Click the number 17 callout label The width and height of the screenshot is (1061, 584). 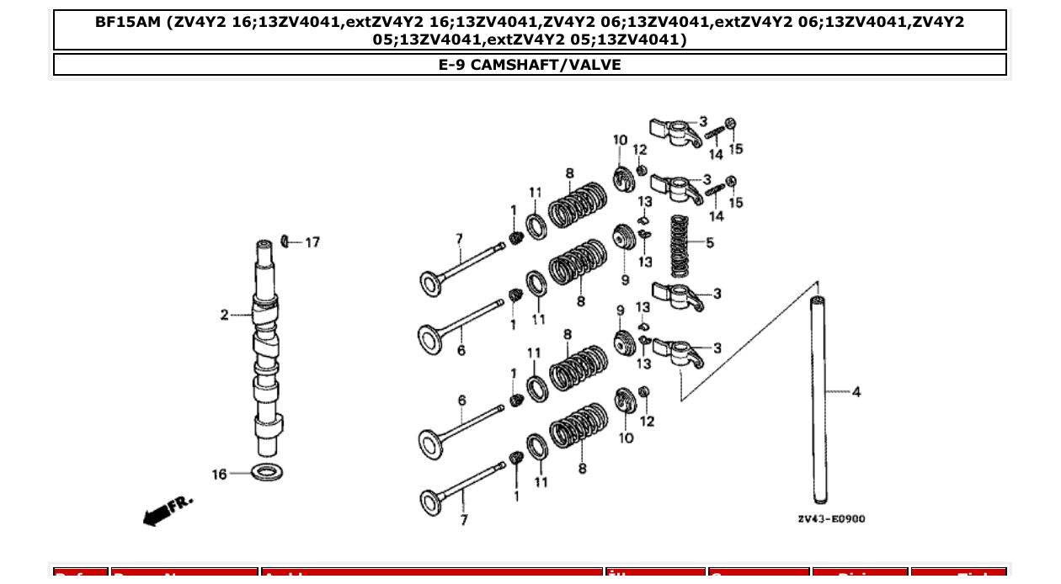pyautogui.click(x=312, y=242)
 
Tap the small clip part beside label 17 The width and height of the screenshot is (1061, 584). pyautogui.click(x=285, y=242)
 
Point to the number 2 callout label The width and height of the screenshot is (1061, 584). pyautogui.click(x=224, y=315)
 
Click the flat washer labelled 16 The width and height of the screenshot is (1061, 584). pyautogui.click(x=267, y=471)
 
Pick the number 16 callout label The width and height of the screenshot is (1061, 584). pyautogui.click(x=219, y=475)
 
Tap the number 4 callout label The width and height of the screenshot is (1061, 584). pyautogui.click(x=856, y=391)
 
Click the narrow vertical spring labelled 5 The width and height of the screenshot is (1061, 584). pyautogui.click(x=680, y=246)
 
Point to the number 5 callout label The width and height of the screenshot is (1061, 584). pyautogui.click(x=710, y=243)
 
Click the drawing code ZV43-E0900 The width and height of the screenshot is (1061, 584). pyautogui.click(x=830, y=518)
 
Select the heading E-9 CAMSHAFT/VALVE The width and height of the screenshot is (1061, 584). pyautogui.click(x=530, y=65)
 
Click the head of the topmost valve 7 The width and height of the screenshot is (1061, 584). pyautogui.click(x=432, y=283)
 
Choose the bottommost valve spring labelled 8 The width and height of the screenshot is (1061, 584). pyautogui.click(x=578, y=427)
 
